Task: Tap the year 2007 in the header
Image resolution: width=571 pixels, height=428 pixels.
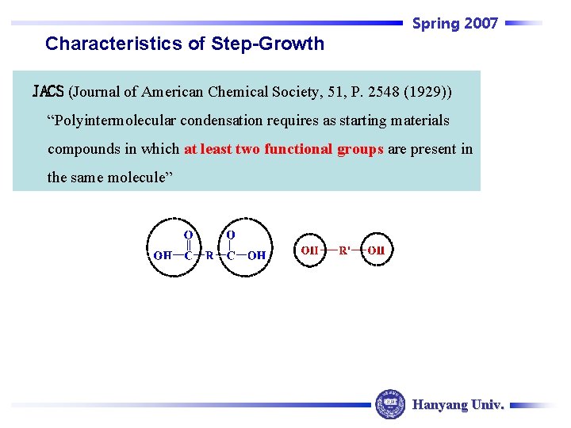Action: pyautogui.click(x=481, y=24)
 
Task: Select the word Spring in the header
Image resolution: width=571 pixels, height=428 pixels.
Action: pyautogui.click(x=436, y=24)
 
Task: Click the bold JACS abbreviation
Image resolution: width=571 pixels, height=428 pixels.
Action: pyautogui.click(x=48, y=92)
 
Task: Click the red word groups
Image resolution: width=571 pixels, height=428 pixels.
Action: pyautogui.click(x=362, y=149)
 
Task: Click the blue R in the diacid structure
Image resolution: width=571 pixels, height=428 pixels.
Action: pyautogui.click(x=209, y=255)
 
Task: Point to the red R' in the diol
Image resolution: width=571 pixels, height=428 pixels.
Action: pyautogui.click(x=345, y=250)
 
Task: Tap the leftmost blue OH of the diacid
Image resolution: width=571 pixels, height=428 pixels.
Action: pyautogui.click(x=162, y=255)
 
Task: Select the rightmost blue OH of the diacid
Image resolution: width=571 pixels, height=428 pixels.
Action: pyautogui.click(x=256, y=255)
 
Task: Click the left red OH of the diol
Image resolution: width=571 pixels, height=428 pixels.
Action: pyautogui.click(x=309, y=250)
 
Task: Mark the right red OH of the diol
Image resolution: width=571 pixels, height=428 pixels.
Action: pyautogui.click(x=376, y=250)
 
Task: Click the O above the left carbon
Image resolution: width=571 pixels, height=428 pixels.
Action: pyautogui.click(x=188, y=235)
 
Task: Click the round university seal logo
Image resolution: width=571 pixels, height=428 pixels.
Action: pyautogui.click(x=389, y=404)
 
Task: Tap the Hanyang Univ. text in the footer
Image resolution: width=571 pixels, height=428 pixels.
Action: pyautogui.click(x=458, y=405)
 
